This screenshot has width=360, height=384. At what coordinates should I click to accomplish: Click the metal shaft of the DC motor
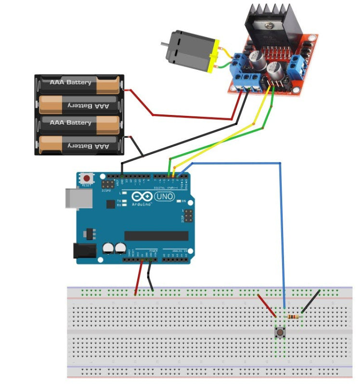[x=164, y=44]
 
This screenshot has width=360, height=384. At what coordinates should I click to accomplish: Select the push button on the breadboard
[x=279, y=332]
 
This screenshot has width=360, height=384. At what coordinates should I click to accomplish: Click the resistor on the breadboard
[x=293, y=317]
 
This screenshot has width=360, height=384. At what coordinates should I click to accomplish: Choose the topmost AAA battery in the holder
[x=77, y=85]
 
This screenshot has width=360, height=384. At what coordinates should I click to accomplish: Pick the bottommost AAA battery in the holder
[x=77, y=144]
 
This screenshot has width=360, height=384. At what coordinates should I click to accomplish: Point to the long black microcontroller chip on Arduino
[x=156, y=235]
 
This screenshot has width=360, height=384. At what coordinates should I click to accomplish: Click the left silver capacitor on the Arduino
[x=108, y=248]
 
